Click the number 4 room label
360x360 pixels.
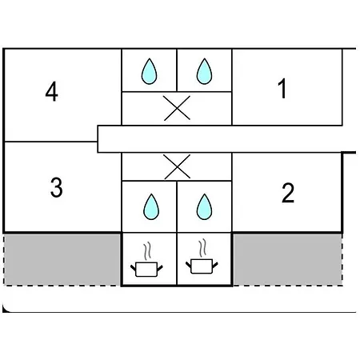coord(52,91)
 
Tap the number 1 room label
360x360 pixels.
coord(282,88)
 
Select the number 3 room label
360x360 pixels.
coord(57,188)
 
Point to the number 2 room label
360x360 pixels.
coord(288,193)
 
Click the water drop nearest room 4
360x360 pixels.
coord(149,71)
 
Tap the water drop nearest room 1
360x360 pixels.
coord(204,71)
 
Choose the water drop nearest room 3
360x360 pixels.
coord(151,206)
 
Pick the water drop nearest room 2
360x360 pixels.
coord(204,206)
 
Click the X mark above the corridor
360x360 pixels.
coord(177,108)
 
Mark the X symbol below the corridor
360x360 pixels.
coord(178,166)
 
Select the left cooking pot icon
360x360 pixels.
coord(146,270)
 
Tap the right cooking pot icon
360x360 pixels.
coord(202,266)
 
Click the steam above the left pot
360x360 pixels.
coord(147,251)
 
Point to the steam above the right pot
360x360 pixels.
coord(202,248)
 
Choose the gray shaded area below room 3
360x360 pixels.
coord(62,259)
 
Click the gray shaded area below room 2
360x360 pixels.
coord(288,259)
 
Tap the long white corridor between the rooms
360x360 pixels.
coord(226,139)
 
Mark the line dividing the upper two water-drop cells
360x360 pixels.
coord(177,70)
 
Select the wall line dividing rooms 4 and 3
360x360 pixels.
coord(50,142)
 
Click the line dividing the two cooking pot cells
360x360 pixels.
coord(177,259)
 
